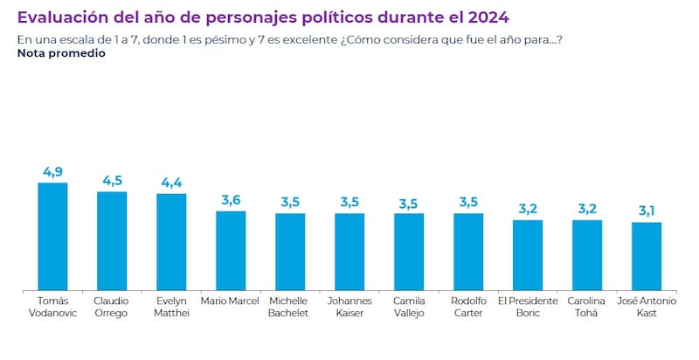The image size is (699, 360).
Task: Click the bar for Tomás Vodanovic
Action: [52, 236]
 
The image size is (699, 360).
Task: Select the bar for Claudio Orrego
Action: [112, 240]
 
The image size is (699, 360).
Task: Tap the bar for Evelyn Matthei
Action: [171, 241]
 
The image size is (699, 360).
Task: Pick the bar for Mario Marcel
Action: [231, 250]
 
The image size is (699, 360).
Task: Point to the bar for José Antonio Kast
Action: [647, 256]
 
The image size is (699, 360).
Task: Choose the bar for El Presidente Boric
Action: [528, 254]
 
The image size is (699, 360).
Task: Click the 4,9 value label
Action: [52, 171]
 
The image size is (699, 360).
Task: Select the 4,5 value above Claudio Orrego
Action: [112, 181]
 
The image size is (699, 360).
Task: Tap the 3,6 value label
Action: [231, 200]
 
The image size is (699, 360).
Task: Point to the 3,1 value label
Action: [647, 211]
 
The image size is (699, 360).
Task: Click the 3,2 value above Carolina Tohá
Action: [587, 209]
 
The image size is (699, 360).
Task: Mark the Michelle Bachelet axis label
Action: [290, 308]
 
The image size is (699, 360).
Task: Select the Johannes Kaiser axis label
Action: [349, 308]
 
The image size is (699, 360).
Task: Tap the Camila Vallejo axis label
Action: [409, 308]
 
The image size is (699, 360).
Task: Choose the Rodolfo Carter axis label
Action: [468, 308]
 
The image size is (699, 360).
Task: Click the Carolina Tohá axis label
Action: [587, 308]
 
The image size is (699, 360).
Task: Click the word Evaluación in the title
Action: [60, 17]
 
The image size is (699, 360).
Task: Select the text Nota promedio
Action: [60, 53]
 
